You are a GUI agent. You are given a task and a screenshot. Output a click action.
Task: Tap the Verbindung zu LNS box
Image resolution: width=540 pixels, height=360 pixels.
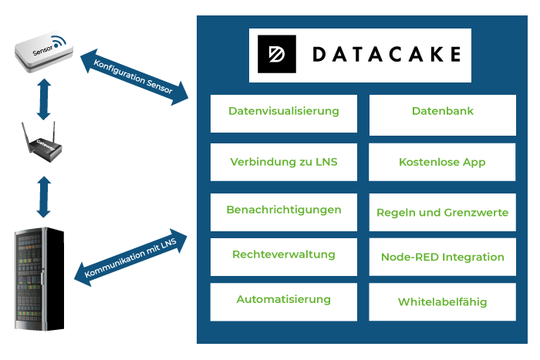pyautogui.click(x=283, y=162)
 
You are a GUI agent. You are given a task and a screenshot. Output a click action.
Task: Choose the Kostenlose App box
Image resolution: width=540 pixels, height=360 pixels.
pyautogui.click(x=442, y=162)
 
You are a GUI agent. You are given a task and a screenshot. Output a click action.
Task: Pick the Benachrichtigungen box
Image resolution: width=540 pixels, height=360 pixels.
pyautogui.click(x=283, y=211)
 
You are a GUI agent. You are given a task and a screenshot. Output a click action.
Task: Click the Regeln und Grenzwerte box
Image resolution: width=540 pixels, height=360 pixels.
pyautogui.click(x=442, y=212)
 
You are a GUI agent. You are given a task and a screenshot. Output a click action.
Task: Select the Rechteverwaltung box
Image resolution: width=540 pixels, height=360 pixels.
pyautogui.click(x=283, y=256)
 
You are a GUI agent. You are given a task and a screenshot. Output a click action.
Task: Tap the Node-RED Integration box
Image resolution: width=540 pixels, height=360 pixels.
pyautogui.click(x=442, y=257)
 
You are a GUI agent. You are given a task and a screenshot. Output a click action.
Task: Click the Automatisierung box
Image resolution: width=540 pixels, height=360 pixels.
pyautogui.click(x=283, y=301)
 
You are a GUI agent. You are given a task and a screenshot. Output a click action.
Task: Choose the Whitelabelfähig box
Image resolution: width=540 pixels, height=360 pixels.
pyautogui.click(x=442, y=301)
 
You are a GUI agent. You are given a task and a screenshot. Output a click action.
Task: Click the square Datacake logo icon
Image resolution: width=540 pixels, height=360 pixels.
pyautogui.click(x=276, y=54)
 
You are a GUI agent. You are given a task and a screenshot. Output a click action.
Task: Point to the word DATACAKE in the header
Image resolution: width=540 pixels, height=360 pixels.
pyautogui.click(x=386, y=54)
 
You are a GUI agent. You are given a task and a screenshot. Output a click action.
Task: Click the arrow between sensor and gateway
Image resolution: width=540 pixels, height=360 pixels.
pyautogui.click(x=43, y=99)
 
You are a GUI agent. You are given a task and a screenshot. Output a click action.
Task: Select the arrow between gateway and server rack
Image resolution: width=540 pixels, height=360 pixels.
pyautogui.click(x=43, y=197)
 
